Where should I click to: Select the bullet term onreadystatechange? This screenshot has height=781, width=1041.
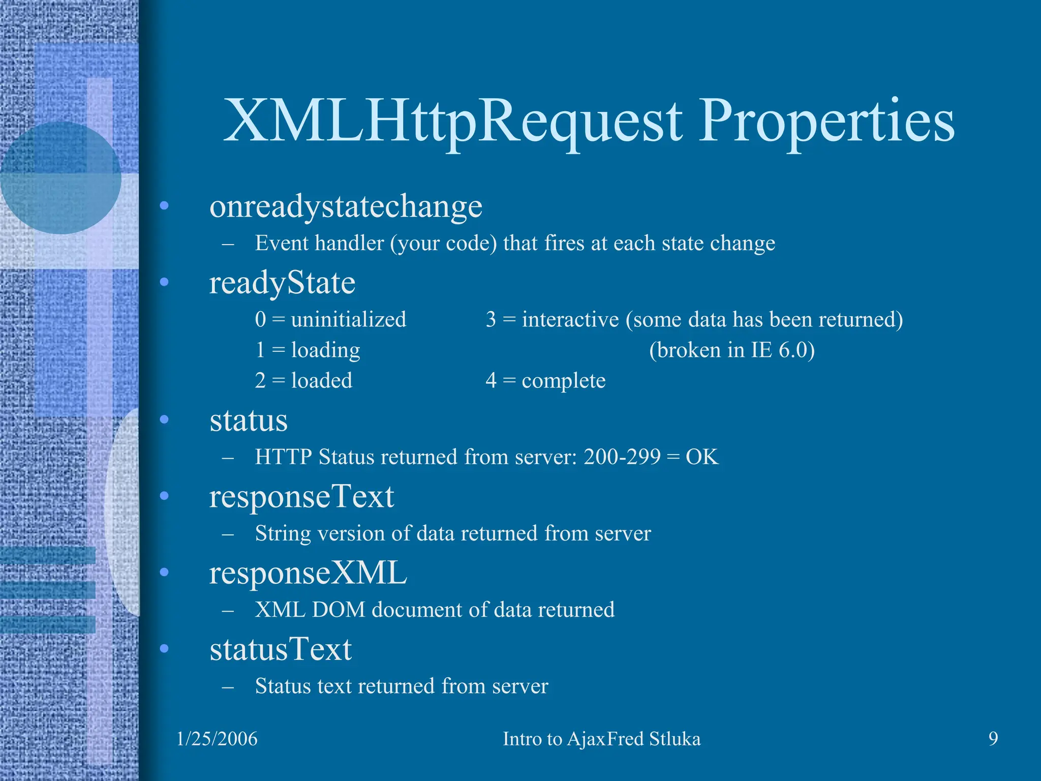coord(346,207)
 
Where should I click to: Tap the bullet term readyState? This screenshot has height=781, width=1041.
coord(282,283)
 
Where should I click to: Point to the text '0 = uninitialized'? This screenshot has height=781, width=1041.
coord(330,319)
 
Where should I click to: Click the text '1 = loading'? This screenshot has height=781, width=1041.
coord(308,350)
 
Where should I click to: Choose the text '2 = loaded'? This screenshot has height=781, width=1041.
coord(303,380)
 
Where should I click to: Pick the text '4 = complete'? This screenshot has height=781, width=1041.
coord(545,380)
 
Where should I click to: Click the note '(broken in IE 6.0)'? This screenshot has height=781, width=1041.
coord(731,350)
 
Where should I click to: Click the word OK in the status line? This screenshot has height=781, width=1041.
coord(702,457)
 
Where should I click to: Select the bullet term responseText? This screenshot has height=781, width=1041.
coord(301,497)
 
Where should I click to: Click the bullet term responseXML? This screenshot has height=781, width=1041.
coord(308,573)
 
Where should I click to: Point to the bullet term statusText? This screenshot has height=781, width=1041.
coord(281,649)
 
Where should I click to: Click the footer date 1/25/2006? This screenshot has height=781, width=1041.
coord(217,739)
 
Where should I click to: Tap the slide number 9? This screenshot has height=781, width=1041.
coord(993,738)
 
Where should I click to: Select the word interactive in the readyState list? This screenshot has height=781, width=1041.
coord(570,319)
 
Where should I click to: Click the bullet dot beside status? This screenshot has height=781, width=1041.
coord(164,420)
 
